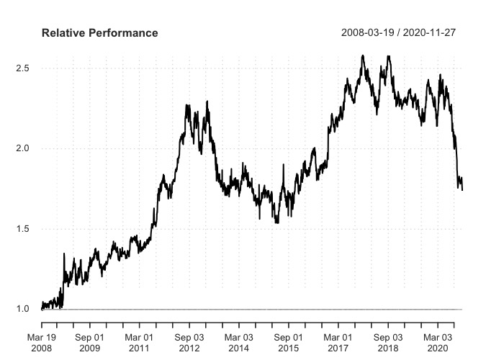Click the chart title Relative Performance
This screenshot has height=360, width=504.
tap(99, 33)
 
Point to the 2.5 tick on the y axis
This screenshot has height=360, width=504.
tap(23, 68)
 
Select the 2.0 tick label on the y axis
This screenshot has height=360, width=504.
tap(23, 148)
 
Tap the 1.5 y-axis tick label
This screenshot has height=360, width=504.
tap(23, 229)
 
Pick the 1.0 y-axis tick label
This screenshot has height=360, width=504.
tap(23, 309)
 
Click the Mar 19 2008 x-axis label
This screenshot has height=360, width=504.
tap(42, 343)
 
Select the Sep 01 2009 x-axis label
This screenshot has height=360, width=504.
tap(89, 343)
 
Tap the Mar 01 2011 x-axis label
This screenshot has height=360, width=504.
tap(139, 343)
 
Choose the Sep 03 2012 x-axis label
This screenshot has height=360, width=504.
tap(189, 343)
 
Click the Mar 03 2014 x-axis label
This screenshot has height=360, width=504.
tap(239, 343)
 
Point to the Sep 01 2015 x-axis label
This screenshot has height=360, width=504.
tap(289, 343)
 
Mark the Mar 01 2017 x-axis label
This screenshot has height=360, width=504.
tap(338, 343)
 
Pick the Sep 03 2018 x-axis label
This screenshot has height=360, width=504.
tap(388, 343)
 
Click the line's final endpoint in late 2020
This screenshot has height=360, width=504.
tap(462, 190)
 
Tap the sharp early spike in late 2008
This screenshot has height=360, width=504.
tap(65, 253)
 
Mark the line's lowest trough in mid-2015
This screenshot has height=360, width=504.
tap(277, 222)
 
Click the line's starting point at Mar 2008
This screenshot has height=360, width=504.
tap(42, 309)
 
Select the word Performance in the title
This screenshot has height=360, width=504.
tap(122, 33)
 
